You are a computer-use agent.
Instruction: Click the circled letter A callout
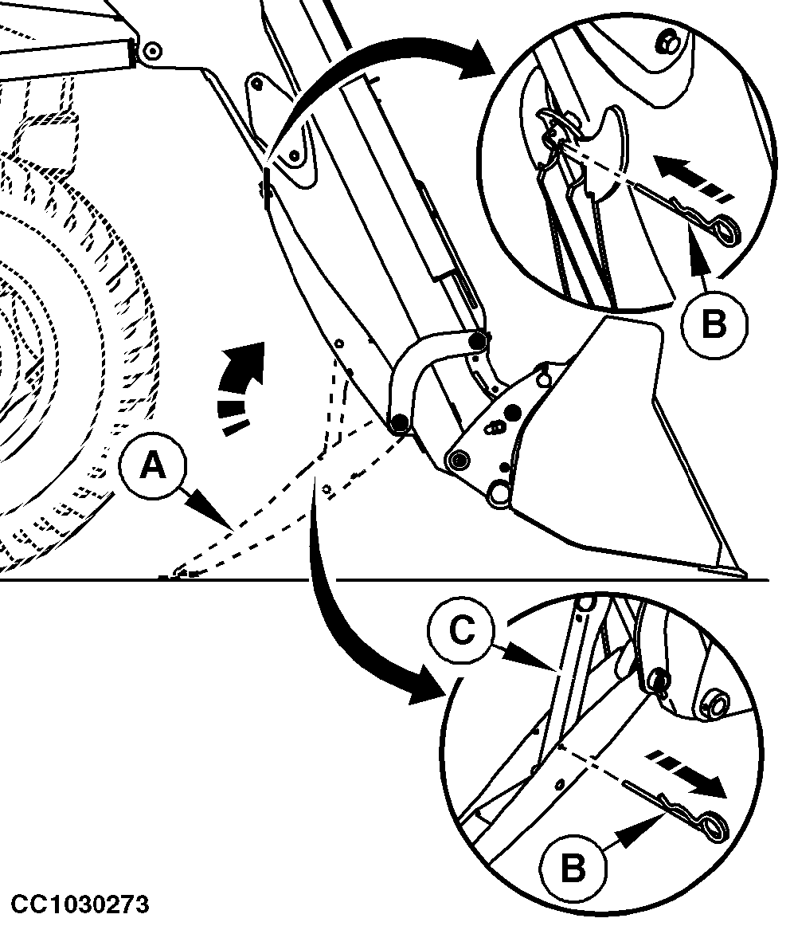152,467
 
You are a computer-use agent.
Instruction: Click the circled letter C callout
461,631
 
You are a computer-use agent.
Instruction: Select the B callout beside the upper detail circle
714,324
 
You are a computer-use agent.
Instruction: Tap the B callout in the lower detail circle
573,868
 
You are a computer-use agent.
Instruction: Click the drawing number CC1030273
80,904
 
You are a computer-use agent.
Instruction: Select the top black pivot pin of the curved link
478,341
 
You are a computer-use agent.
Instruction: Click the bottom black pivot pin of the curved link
400,422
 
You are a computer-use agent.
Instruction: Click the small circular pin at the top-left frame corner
152,51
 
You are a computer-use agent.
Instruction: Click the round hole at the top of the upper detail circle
667,42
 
